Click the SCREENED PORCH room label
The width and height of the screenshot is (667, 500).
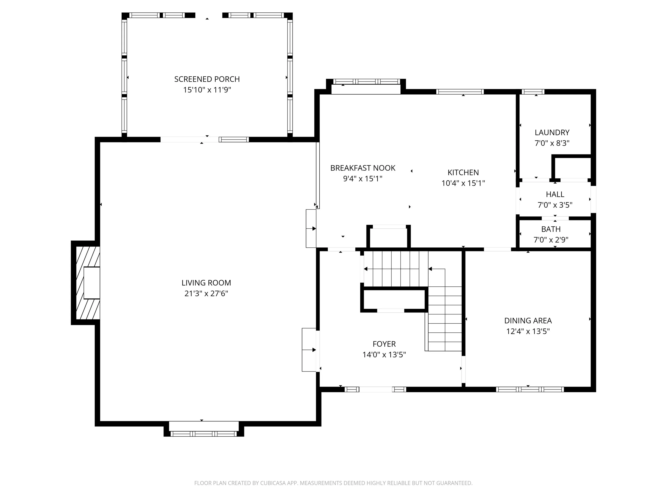207,79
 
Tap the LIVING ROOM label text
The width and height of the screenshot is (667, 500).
206,283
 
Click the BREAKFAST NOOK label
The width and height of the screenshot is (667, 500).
363,168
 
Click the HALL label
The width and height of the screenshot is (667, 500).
555,194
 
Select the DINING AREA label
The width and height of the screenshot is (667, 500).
528,321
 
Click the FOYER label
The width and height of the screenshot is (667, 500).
384,344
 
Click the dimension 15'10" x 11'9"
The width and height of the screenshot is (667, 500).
207,90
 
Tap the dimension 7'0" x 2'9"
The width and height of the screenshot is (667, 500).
551,240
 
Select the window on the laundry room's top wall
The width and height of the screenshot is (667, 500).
533,92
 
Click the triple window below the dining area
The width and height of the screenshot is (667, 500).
530,389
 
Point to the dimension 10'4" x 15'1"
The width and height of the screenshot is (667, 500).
463,183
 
